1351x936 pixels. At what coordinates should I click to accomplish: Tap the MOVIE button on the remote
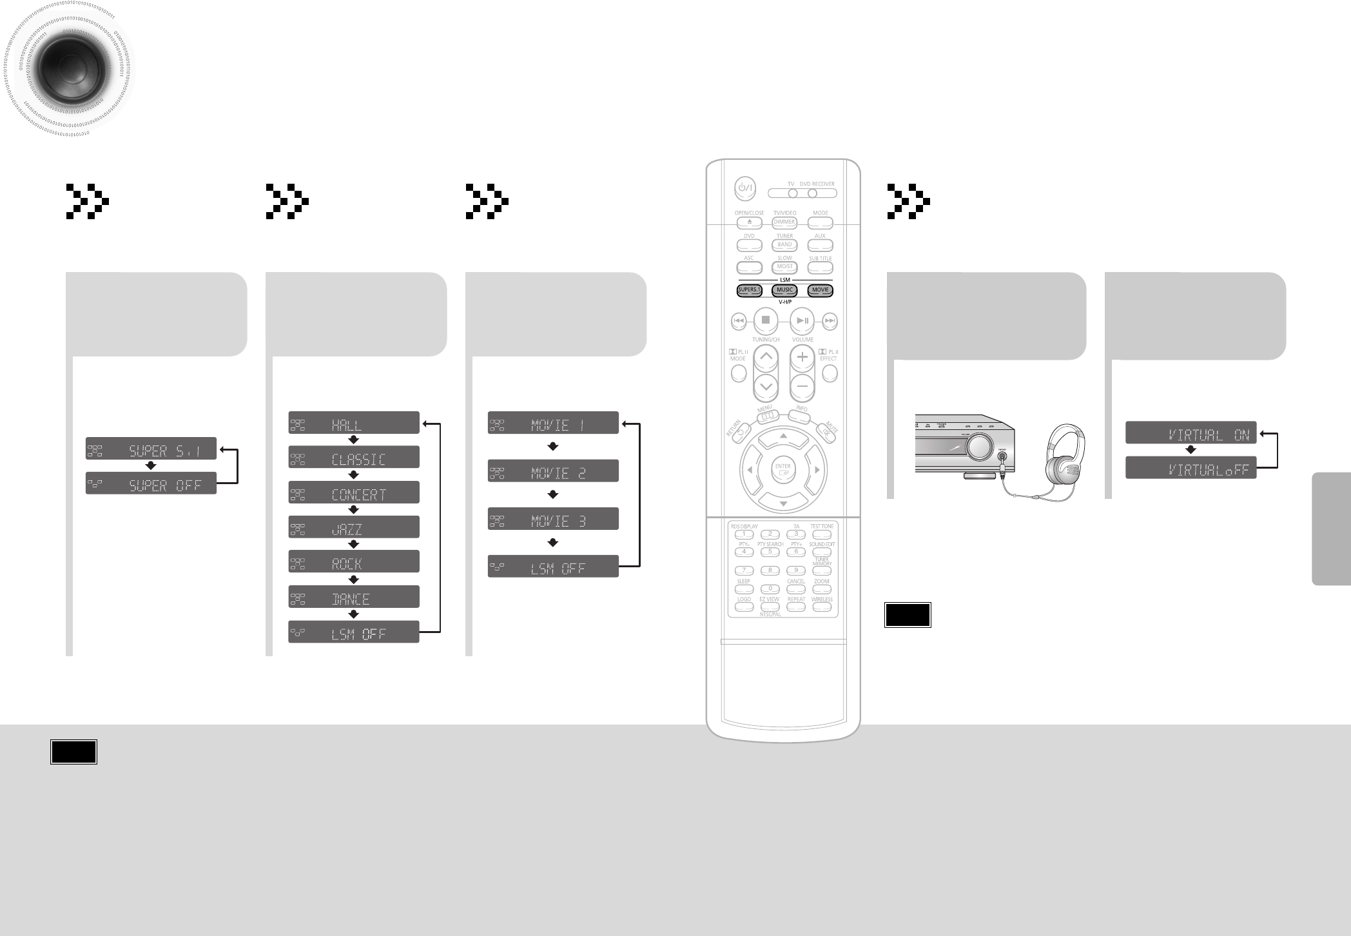(x=820, y=290)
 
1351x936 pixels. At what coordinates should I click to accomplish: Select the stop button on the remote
(x=766, y=320)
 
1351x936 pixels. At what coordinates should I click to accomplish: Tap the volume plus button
(x=802, y=357)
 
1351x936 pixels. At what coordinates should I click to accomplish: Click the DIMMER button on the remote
(x=784, y=222)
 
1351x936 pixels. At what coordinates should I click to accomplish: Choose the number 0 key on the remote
(x=770, y=589)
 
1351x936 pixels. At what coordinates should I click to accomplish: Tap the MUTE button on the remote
(x=826, y=434)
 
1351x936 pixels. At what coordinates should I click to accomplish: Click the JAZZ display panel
(x=354, y=527)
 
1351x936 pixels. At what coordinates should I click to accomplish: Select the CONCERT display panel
(x=354, y=492)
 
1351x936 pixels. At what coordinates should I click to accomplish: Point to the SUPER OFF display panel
(x=151, y=483)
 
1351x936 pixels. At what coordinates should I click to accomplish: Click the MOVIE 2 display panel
(x=553, y=471)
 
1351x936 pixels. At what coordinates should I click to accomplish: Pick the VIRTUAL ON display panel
(x=1191, y=433)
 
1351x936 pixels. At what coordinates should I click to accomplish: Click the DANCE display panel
(x=354, y=597)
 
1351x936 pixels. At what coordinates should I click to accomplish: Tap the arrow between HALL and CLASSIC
(x=353, y=440)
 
